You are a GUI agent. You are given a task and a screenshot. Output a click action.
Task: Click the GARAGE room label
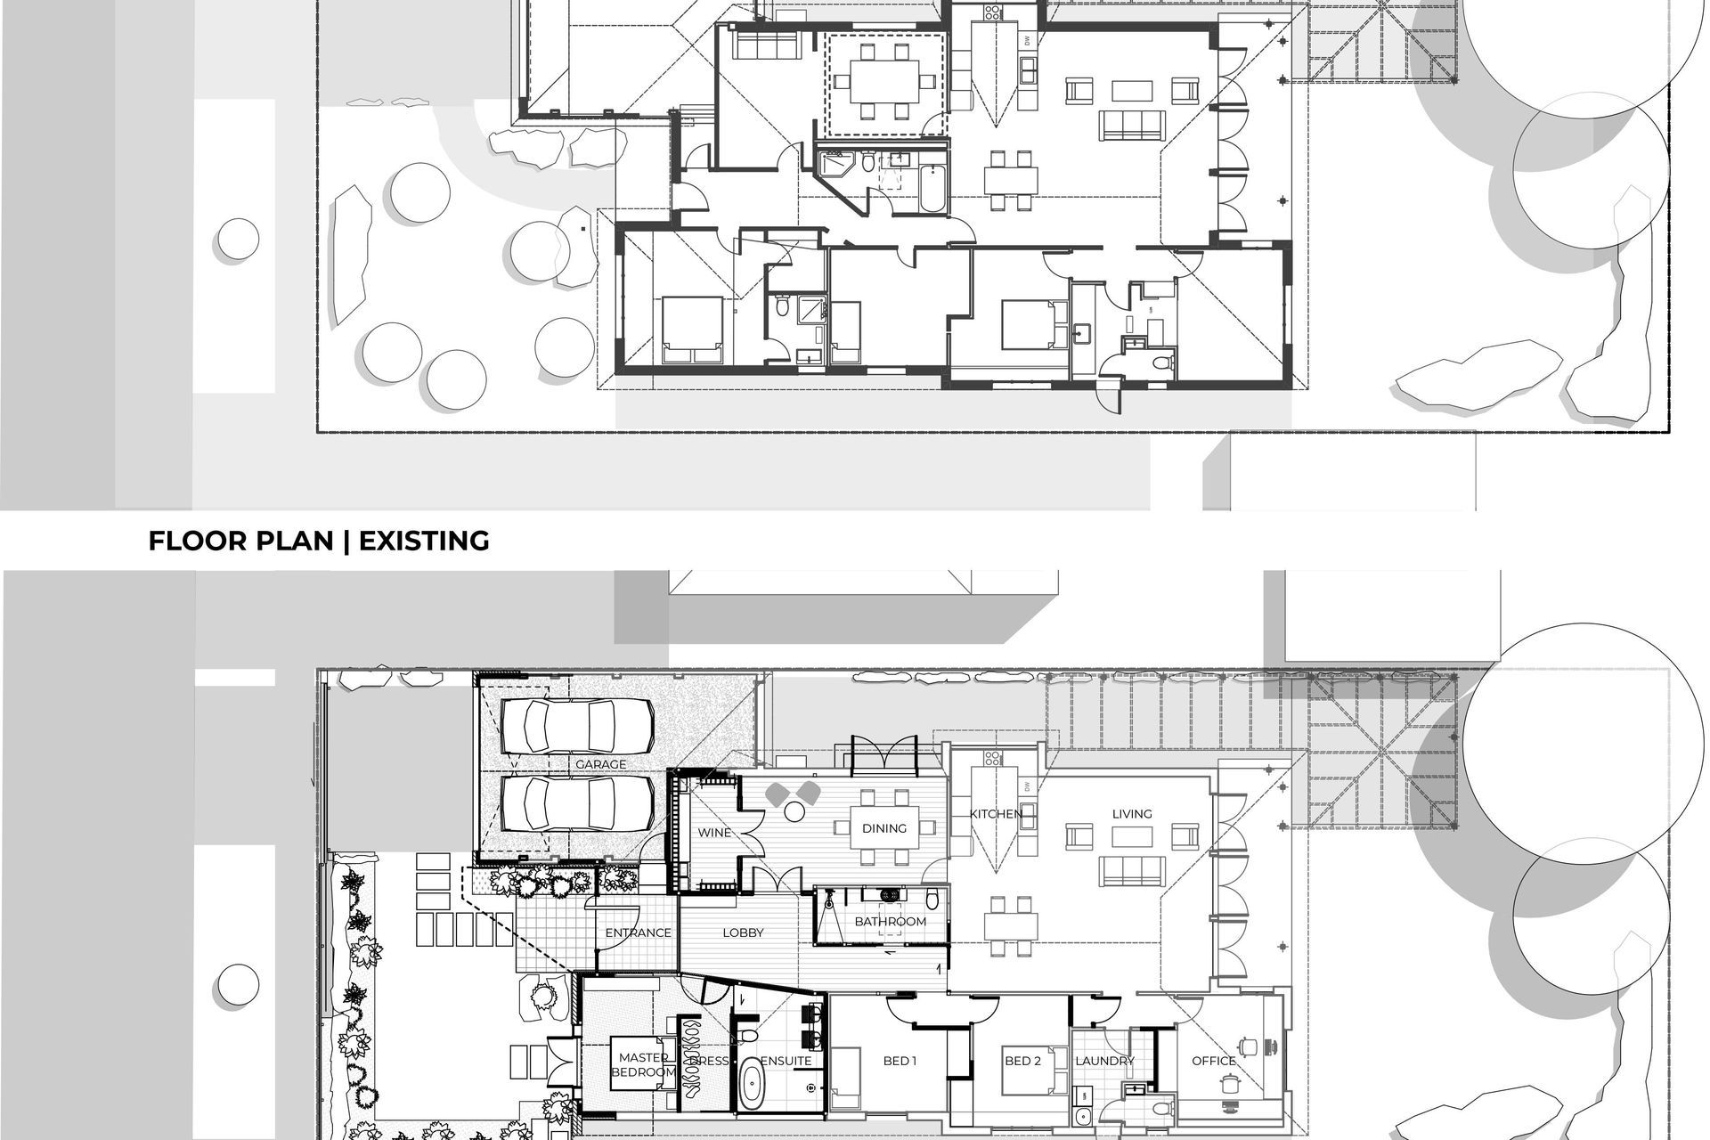[600, 764]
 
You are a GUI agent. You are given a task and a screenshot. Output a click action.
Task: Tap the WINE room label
[714, 833]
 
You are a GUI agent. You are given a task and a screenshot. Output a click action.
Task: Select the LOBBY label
[743, 932]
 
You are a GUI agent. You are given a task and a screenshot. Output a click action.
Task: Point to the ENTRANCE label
[638, 932]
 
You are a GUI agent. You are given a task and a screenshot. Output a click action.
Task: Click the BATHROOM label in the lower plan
[891, 921]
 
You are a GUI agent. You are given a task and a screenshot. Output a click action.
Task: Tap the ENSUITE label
[786, 1061]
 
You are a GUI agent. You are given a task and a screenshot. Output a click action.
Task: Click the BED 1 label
[900, 1061]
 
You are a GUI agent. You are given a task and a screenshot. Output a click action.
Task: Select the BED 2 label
[1022, 1061]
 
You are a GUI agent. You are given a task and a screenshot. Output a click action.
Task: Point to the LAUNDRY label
[1104, 1061]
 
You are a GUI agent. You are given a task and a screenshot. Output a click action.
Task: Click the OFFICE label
[1214, 1061]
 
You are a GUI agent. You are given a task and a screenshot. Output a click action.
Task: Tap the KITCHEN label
[996, 814]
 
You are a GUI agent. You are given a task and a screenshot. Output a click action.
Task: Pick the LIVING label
[1132, 813]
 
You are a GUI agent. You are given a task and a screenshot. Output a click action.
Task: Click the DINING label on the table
[884, 828]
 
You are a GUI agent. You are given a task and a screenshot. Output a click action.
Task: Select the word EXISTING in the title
[424, 541]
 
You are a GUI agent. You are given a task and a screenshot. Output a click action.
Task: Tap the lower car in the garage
[576, 802]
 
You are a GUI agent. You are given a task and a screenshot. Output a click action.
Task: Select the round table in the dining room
[793, 811]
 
